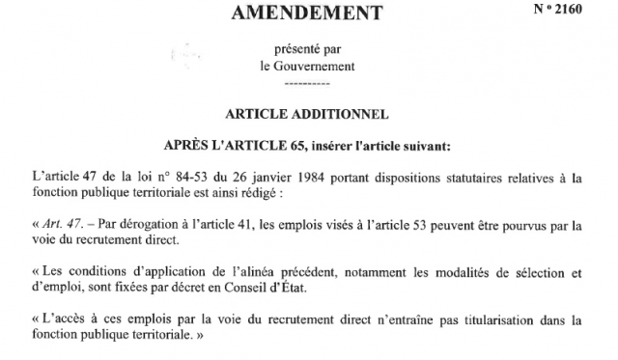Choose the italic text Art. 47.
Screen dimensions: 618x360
[x=63, y=225]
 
